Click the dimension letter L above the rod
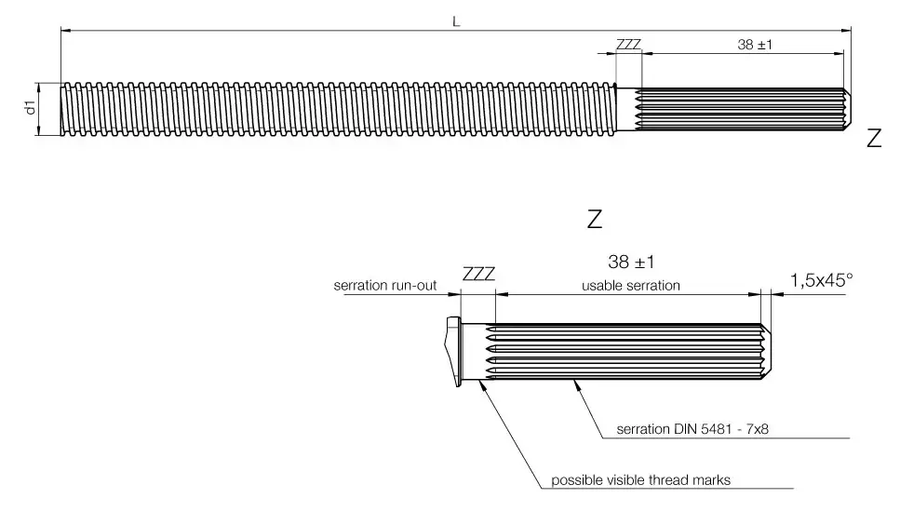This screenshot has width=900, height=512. (x=456, y=20)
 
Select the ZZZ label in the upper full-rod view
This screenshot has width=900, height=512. (x=628, y=44)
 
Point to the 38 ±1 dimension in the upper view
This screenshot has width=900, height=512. (x=757, y=44)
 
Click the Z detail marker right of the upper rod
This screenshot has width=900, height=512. (x=873, y=140)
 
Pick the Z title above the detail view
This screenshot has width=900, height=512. (x=595, y=220)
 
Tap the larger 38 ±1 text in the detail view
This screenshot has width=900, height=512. (x=625, y=263)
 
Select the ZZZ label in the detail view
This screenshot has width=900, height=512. (x=478, y=275)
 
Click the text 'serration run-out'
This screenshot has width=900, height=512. (x=385, y=286)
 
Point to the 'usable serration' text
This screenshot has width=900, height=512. (x=630, y=286)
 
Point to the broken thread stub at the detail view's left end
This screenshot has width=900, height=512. (x=453, y=352)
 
